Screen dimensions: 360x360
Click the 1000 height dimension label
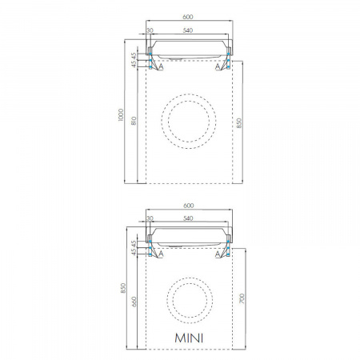tap(121, 115)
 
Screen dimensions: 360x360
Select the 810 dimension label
tap(134, 121)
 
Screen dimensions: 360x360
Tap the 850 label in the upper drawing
tap(239, 123)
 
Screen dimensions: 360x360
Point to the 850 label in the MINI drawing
tap(123, 288)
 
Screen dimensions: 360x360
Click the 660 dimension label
tap(134, 302)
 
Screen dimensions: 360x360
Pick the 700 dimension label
tap(242, 298)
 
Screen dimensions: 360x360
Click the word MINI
tap(189, 338)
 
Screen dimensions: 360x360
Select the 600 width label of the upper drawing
tap(188, 17)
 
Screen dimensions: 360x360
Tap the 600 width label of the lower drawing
tap(189, 206)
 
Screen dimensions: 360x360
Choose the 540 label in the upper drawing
tap(188, 30)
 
